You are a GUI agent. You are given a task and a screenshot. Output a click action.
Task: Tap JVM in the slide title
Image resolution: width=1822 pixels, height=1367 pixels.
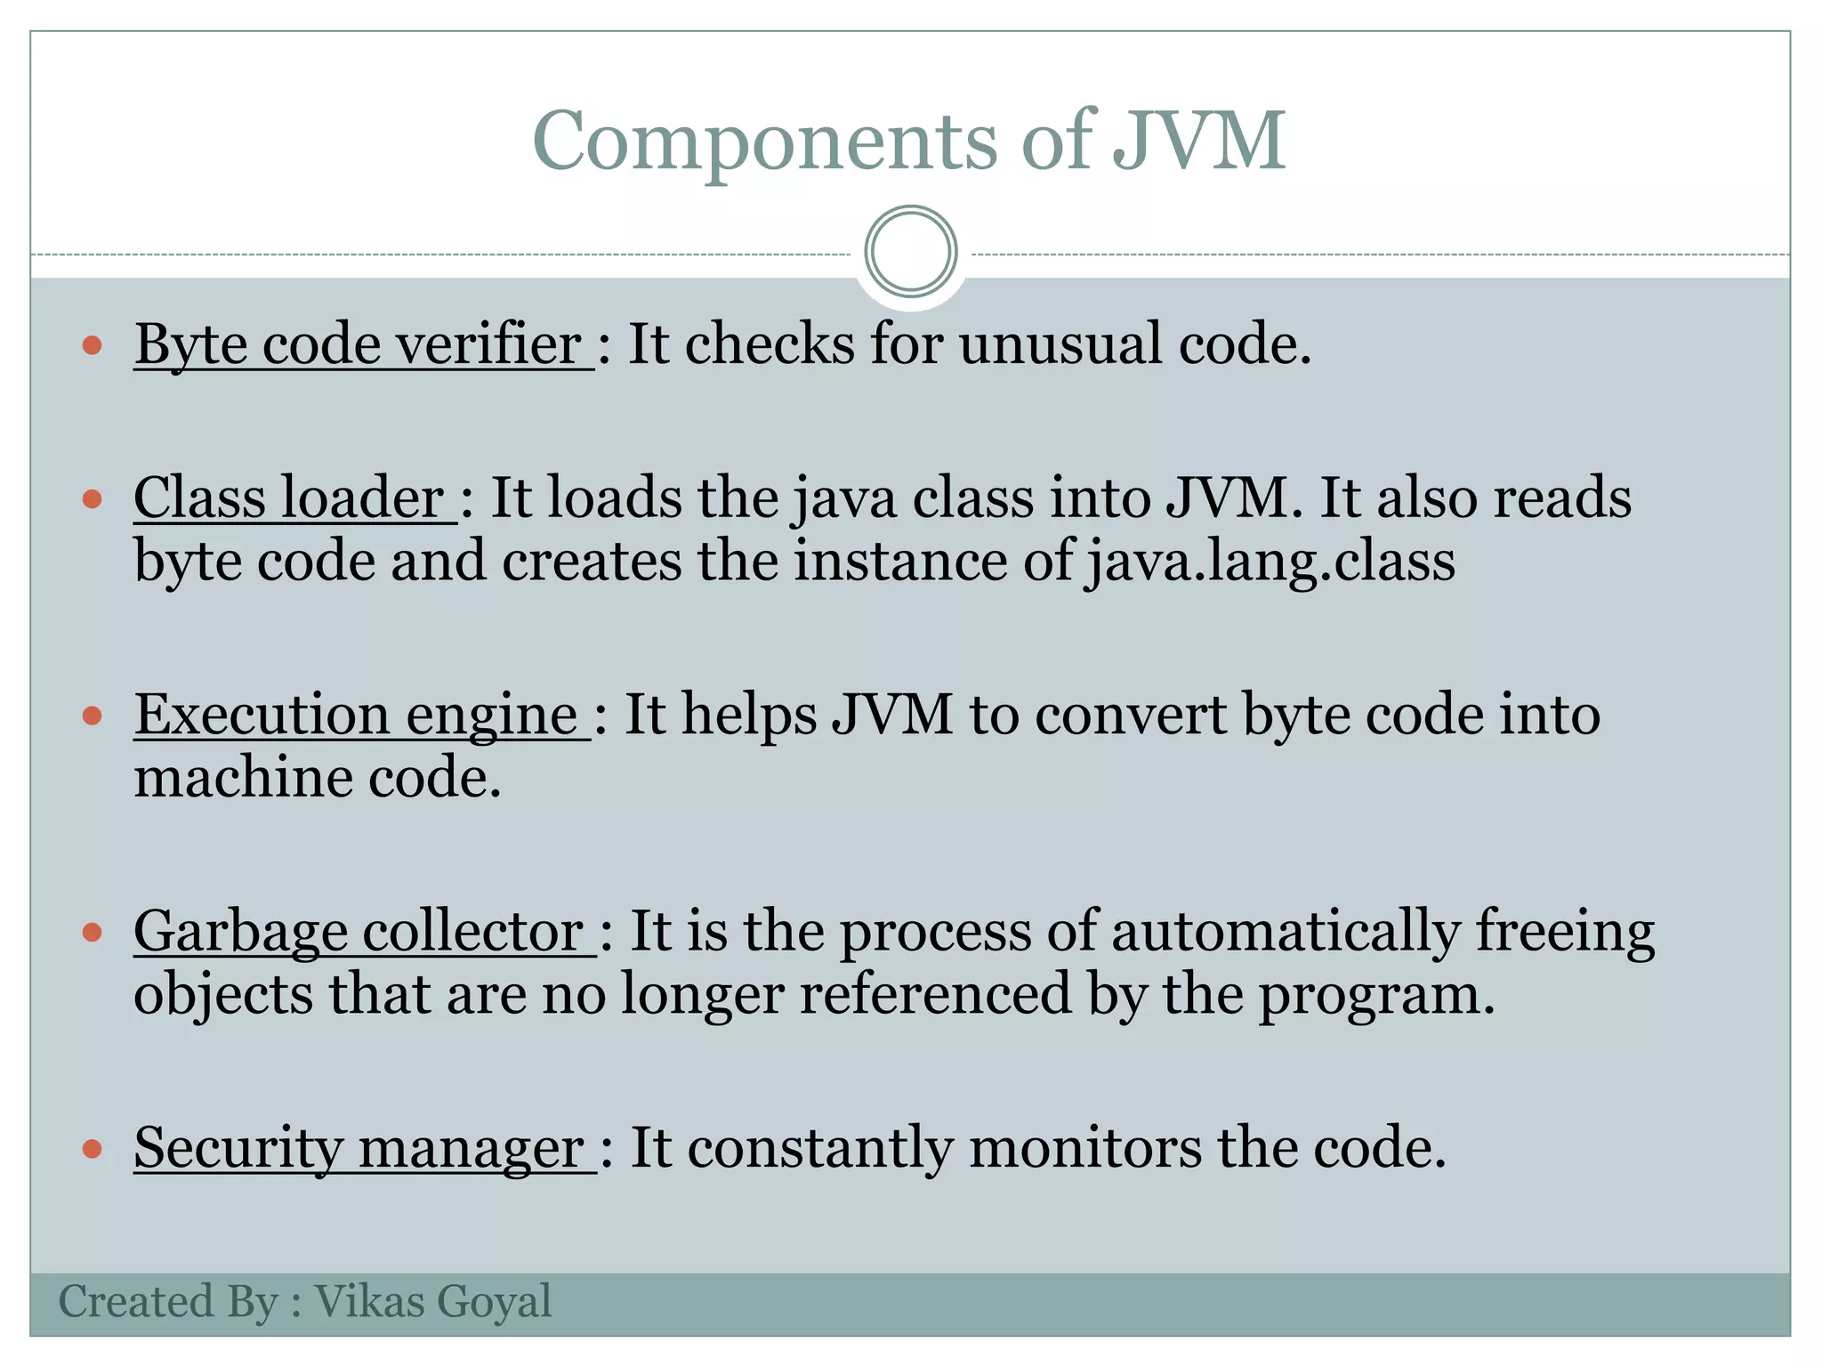[x=1198, y=141]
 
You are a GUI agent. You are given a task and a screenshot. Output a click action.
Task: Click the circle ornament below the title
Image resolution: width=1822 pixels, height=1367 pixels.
[x=910, y=251]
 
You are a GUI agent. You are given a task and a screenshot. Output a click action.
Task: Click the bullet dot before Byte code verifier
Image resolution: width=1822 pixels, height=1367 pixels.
[x=93, y=345]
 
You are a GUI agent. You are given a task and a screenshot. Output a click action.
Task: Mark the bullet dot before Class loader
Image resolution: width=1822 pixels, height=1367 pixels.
[x=93, y=498]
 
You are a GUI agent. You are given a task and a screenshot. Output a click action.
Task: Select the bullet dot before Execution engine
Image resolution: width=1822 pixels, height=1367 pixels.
[x=93, y=716]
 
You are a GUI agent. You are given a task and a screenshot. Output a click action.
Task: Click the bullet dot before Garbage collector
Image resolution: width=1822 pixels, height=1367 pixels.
[x=93, y=933]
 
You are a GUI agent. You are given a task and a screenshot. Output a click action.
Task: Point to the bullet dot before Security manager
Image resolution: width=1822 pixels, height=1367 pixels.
[x=93, y=1149]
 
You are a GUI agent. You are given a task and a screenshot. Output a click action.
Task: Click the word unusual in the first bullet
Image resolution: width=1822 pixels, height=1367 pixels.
[x=1060, y=344]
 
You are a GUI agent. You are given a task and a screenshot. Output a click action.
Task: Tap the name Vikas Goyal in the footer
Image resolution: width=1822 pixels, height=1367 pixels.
[x=433, y=1302]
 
